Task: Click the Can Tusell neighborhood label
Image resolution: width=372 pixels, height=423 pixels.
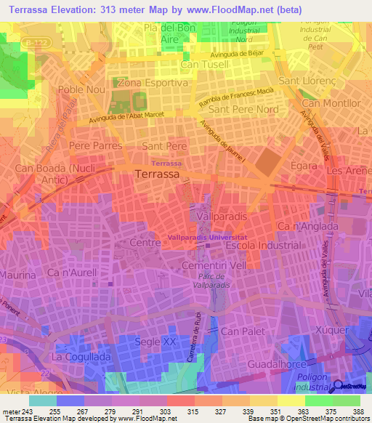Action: point(204,65)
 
